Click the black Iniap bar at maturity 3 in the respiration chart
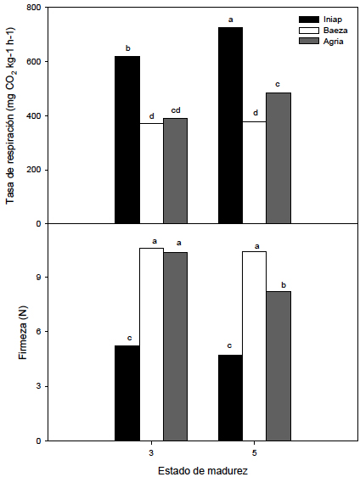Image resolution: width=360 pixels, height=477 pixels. tap(127, 140)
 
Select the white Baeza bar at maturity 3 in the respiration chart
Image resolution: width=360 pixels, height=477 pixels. tap(151, 173)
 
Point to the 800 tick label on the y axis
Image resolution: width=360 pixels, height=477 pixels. tap(34, 8)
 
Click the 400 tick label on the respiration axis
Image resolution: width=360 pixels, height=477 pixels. tap(34, 115)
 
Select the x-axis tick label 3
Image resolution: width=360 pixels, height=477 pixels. tap(151, 452)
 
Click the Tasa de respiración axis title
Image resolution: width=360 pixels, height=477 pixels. tap(11, 115)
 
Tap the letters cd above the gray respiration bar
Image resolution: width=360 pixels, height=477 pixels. tap(176, 109)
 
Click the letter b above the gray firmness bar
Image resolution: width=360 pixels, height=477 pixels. tap(278, 283)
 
